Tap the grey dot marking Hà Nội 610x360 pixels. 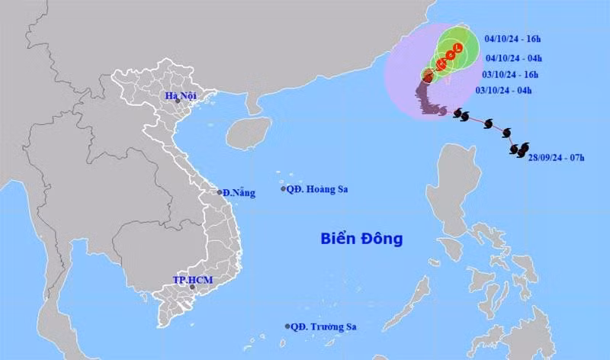click(177, 101)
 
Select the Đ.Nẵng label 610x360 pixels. click(239, 193)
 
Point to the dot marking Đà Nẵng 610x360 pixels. click(219, 192)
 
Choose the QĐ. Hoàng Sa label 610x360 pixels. click(314, 189)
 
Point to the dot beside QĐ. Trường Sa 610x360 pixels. click(287, 326)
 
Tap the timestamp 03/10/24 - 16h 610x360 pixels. click(510, 74)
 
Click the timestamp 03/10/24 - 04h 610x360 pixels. click(503, 91)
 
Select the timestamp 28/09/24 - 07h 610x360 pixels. click(556, 157)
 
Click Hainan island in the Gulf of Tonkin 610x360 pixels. click(248, 133)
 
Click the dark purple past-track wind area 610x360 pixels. click(427, 99)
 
